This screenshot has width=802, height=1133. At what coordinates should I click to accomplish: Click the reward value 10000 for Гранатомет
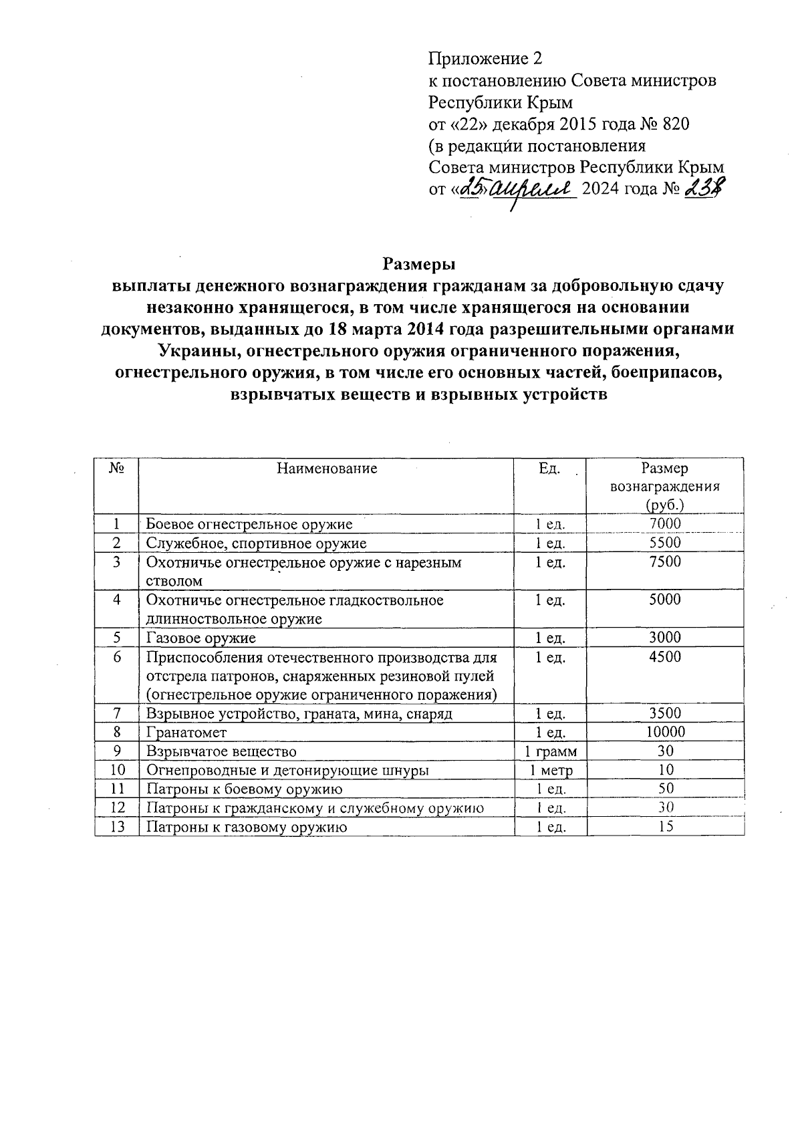(665, 732)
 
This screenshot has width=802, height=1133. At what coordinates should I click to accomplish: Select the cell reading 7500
(665, 562)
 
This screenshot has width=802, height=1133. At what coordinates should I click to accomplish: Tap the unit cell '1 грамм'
(551, 751)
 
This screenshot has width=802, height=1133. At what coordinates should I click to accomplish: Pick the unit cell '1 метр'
(551, 770)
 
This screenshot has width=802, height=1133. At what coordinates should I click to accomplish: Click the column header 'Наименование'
(327, 469)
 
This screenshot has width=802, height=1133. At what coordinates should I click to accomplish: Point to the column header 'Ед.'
(549, 469)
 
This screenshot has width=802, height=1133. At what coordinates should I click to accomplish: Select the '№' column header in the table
(116, 469)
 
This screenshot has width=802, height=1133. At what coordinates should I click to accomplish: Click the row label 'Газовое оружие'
(200, 638)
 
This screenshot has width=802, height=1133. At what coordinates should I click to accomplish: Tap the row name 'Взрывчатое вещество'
(221, 751)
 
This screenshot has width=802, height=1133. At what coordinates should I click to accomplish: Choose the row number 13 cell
(116, 827)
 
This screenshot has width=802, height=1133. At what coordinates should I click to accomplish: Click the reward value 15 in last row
(665, 826)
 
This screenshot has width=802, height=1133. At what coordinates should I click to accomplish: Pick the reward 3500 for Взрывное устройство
(665, 713)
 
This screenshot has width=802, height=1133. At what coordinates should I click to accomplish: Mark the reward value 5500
(665, 543)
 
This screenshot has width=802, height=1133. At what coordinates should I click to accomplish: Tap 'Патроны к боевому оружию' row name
(244, 789)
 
